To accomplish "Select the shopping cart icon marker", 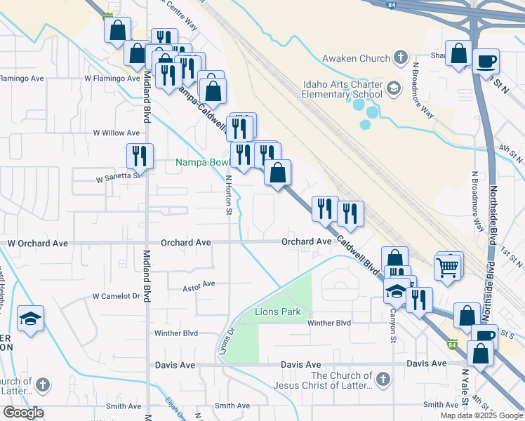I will coord(446,267).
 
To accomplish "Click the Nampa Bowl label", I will coord(203,163).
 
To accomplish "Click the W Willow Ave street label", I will coord(117,133).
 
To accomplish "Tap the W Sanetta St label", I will coord(119,179).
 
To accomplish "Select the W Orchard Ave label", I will coord(38,243).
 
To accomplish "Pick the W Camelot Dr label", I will coord(117,296).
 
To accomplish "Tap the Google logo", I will coord(23,413).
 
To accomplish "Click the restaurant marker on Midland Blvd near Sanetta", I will coord(140,156).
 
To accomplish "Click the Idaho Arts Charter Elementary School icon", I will coord(393,88).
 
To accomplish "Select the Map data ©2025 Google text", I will coord(481,415).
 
